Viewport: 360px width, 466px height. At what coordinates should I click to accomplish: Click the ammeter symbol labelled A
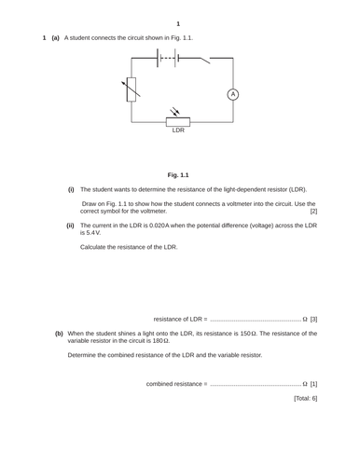[x=234, y=94]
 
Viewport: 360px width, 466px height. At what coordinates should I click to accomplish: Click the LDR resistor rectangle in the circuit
[x=178, y=121]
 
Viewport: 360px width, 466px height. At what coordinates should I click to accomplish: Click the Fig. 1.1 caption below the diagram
[x=178, y=174]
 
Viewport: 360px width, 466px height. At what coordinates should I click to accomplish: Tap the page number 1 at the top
[x=178, y=23]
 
